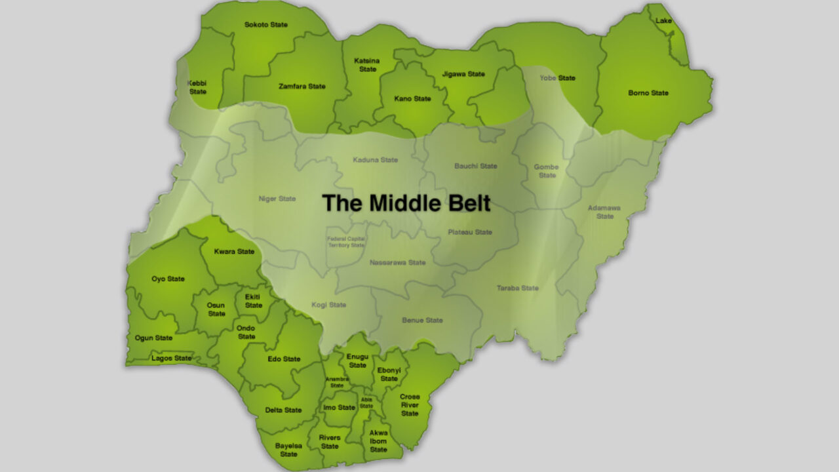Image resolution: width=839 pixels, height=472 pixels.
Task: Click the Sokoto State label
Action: tap(266, 25)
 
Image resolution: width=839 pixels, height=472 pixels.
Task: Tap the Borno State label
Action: tap(648, 93)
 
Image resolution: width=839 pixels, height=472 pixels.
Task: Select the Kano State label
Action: tap(412, 99)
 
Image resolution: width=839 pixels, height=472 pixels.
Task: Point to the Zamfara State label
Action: tap(302, 87)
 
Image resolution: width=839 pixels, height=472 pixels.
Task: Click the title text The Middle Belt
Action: tap(406, 203)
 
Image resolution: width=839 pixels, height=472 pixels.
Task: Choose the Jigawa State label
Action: tap(463, 74)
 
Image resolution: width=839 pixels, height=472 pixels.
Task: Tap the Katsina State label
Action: tap(367, 65)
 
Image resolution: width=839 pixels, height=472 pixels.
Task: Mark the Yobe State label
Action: tap(557, 78)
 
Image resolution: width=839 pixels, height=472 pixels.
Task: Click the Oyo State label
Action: tap(168, 279)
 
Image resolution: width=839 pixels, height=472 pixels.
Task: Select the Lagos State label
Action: tap(172, 359)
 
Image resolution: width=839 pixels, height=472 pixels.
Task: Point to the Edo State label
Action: tap(284, 359)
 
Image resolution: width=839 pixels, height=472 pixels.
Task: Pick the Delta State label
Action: tap(284, 410)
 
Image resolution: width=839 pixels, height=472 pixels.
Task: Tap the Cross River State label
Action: tap(410, 405)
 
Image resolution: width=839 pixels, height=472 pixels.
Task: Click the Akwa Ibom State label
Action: tap(378, 441)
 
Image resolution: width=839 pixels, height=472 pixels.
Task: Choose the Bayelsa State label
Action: tap(288, 450)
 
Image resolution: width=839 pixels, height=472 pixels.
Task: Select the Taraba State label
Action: tap(517, 288)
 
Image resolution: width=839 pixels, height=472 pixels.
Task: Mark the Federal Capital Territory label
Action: tap(345, 242)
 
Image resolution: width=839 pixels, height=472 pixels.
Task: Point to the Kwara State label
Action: tap(234, 252)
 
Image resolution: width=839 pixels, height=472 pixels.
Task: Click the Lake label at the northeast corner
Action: tap(663, 21)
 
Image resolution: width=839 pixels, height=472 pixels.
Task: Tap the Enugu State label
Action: tap(357, 361)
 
